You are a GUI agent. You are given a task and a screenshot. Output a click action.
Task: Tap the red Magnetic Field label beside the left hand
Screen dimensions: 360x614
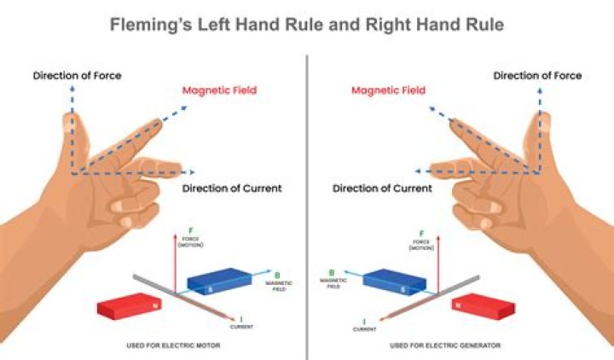point(218,90)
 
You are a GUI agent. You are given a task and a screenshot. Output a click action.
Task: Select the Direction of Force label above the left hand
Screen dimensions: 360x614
point(77,76)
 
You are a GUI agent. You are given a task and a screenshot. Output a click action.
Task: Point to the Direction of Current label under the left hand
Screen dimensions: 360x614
point(232,188)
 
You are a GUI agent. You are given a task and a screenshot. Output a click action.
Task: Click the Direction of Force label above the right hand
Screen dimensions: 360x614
point(537,76)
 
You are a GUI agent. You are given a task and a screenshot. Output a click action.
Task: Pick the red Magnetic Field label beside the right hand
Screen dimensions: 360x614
point(389,90)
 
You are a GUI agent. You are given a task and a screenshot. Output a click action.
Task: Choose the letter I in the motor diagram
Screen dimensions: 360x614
point(241,318)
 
